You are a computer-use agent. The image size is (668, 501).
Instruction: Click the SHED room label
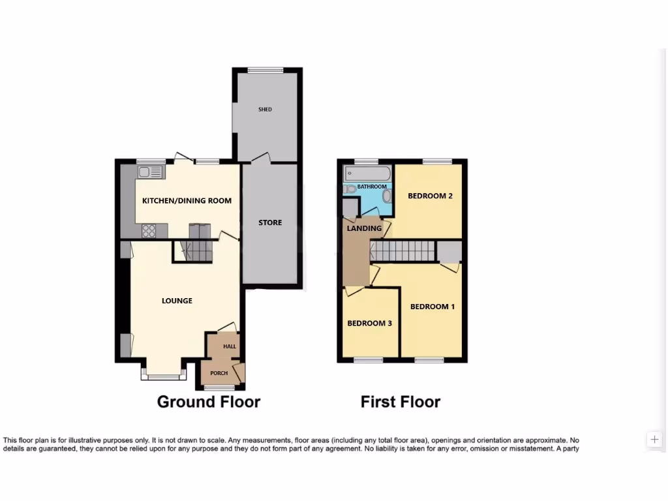(x=264, y=110)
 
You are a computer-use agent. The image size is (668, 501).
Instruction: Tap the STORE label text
(x=270, y=222)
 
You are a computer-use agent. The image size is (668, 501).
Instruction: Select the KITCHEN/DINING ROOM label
(x=187, y=200)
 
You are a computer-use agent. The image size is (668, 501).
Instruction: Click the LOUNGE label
(x=177, y=301)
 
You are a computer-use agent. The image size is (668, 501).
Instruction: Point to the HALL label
(x=229, y=346)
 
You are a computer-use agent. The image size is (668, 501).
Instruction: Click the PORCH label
(x=219, y=373)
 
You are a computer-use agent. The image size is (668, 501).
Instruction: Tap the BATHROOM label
(x=372, y=187)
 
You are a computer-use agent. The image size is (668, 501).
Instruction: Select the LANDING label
(x=364, y=228)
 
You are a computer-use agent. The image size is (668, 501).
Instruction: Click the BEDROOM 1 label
(x=432, y=307)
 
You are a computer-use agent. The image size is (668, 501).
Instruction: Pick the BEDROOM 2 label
(x=430, y=196)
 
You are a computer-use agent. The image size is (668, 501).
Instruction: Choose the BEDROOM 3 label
(x=369, y=323)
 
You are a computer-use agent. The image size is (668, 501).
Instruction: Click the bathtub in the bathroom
(x=367, y=173)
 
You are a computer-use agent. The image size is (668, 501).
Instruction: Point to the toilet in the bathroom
(x=350, y=189)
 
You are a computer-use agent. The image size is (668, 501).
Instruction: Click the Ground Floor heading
(x=208, y=402)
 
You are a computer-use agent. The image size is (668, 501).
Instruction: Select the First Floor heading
(x=400, y=402)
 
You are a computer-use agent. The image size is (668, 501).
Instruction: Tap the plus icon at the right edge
(x=654, y=439)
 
